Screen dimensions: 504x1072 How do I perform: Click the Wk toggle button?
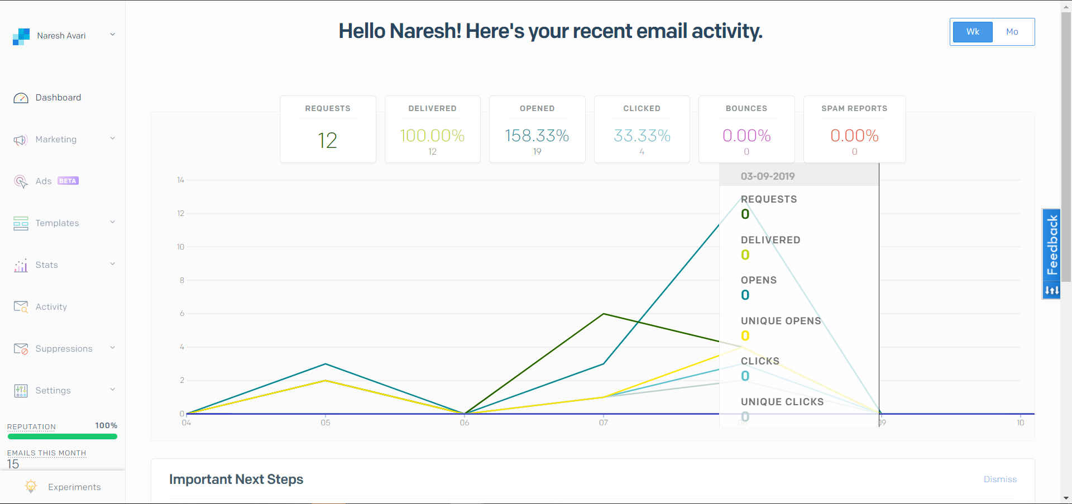click(x=973, y=32)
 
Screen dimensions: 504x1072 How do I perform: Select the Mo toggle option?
click(x=1012, y=32)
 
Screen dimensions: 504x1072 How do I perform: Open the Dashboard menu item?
click(x=58, y=98)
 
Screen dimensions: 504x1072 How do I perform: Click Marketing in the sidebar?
click(x=56, y=140)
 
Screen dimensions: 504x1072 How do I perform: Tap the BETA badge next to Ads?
click(x=68, y=181)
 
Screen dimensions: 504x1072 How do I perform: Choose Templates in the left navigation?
click(x=57, y=223)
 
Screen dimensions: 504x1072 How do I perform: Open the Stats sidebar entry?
click(x=46, y=265)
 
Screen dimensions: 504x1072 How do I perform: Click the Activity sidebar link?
click(x=51, y=307)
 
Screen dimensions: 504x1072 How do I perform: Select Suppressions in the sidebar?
click(x=64, y=349)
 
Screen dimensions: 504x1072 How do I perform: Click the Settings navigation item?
click(x=53, y=391)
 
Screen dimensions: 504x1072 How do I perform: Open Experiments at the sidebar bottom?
click(x=74, y=487)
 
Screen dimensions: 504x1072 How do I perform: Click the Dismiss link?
click(x=1000, y=479)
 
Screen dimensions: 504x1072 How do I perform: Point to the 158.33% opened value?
click(x=537, y=136)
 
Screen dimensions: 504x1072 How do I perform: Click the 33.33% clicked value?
click(x=642, y=136)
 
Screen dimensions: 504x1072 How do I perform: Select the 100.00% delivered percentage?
click(x=432, y=136)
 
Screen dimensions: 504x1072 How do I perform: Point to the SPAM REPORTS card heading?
click(x=854, y=108)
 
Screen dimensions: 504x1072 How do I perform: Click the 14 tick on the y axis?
click(x=180, y=180)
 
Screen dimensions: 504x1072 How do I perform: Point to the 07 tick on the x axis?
click(x=604, y=423)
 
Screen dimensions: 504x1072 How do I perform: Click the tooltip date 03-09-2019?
click(x=768, y=176)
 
